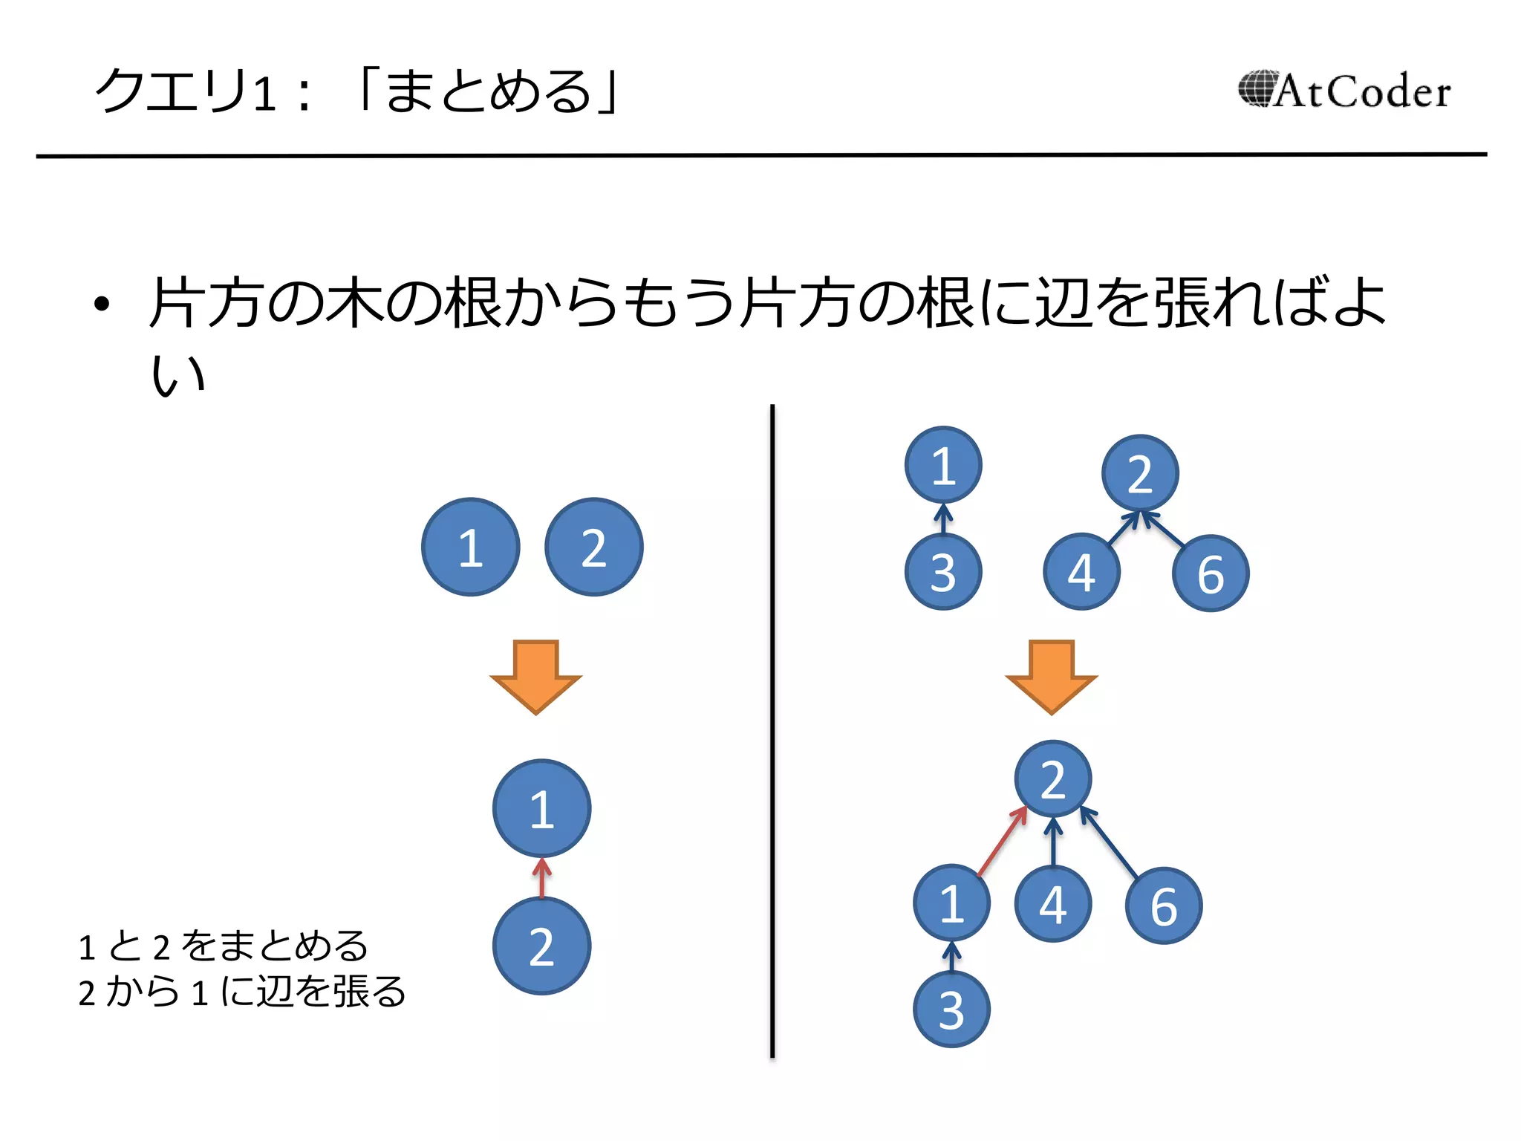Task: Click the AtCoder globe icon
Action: [x=1257, y=89]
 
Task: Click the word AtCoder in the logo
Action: [x=1364, y=92]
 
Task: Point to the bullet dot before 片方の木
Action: [x=102, y=304]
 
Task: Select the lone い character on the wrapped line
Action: [x=177, y=374]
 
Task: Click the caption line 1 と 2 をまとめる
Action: [x=223, y=946]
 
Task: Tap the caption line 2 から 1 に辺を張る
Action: [x=241, y=992]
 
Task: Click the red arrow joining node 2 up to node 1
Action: [x=542, y=877]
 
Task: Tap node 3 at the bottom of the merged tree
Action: [x=951, y=1010]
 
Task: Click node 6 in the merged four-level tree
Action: [x=1164, y=906]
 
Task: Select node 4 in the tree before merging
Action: [x=1081, y=572]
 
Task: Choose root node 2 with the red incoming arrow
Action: [x=1052, y=779]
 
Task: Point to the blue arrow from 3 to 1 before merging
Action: [x=943, y=519]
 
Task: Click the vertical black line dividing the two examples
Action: [x=772, y=731]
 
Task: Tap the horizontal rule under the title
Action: [x=760, y=155]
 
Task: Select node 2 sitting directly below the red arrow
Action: [x=541, y=946]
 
